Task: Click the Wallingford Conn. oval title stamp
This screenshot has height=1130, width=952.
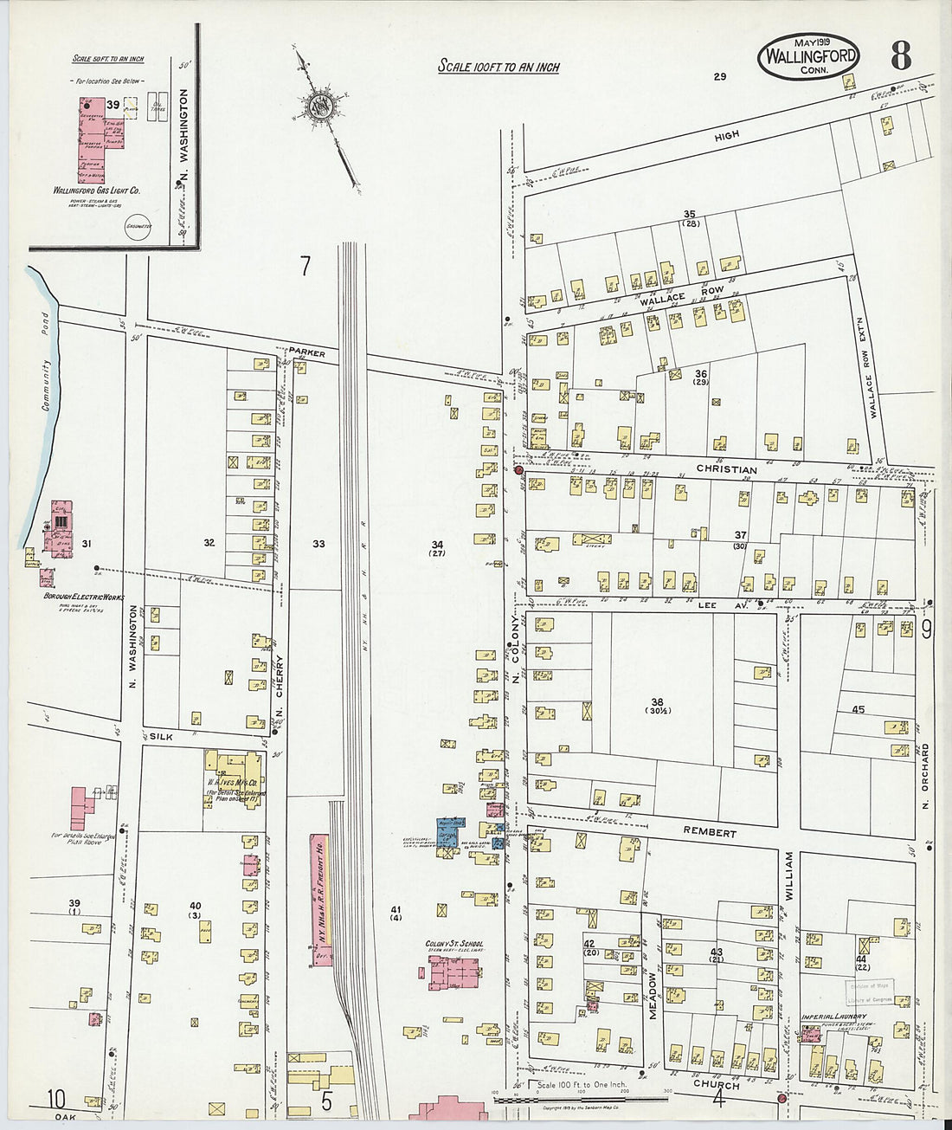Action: point(808,56)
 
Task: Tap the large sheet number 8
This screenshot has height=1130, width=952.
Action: point(900,56)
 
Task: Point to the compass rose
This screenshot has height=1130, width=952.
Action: point(318,107)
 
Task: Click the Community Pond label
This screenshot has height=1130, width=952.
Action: point(47,373)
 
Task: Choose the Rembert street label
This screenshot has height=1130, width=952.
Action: point(709,832)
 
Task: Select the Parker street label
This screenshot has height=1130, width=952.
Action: point(307,353)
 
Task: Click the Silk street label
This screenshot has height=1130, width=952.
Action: point(161,737)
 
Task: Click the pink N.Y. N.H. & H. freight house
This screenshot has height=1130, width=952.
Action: point(320,901)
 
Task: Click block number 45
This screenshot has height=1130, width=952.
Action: point(858,709)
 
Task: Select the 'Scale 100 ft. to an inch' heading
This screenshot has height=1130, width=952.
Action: point(499,67)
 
